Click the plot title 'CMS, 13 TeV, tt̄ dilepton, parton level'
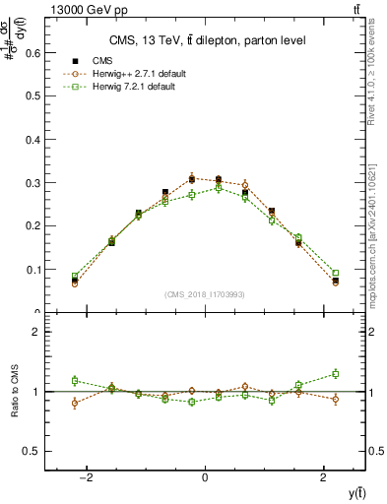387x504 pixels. click(x=206, y=40)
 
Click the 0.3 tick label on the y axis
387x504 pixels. click(x=32, y=183)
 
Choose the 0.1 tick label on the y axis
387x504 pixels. click(x=32, y=270)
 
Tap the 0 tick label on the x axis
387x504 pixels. click(x=205, y=477)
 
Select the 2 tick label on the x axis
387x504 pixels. click(x=324, y=477)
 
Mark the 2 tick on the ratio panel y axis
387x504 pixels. click(x=35, y=332)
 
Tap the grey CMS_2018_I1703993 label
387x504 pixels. click(x=205, y=294)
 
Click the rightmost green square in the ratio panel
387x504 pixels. click(x=336, y=373)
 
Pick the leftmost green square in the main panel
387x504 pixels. click(x=75, y=277)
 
